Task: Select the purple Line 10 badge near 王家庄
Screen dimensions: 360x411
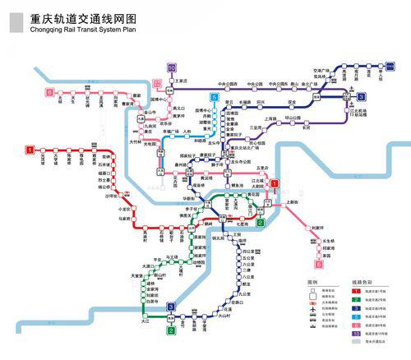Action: click(x=171, y=68)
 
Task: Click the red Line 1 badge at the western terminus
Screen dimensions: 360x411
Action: click(x=30, y=150)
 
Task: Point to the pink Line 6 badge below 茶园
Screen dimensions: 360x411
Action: click(x=318, y=265)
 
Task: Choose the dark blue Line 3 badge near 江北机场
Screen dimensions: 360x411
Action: click(x=361, y=97)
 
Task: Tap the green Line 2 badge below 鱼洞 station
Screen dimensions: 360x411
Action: click(x=171, y=331)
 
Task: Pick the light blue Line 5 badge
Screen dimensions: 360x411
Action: click(x=215, y=98)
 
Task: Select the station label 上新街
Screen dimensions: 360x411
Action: click(x=289, y=202)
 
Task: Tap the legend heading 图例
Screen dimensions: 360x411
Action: click(x=312, y=281)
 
